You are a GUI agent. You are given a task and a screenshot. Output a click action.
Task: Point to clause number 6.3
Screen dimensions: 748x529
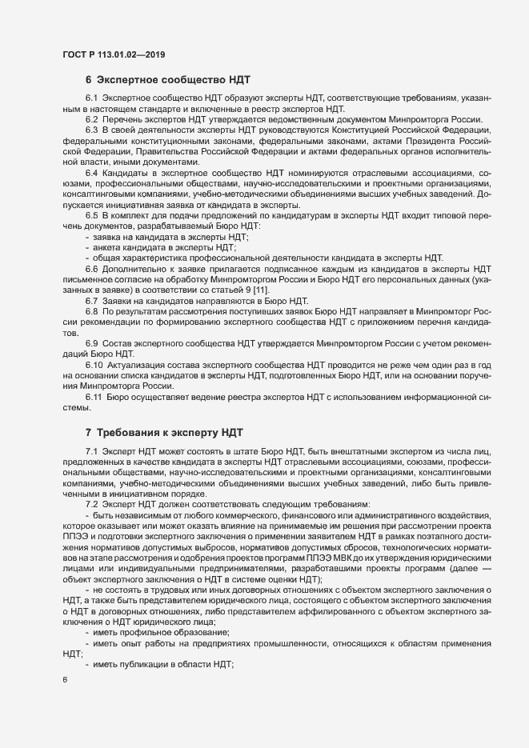tap(91, 130)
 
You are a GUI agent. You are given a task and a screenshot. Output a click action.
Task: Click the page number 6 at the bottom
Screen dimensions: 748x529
tap(64, 682)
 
